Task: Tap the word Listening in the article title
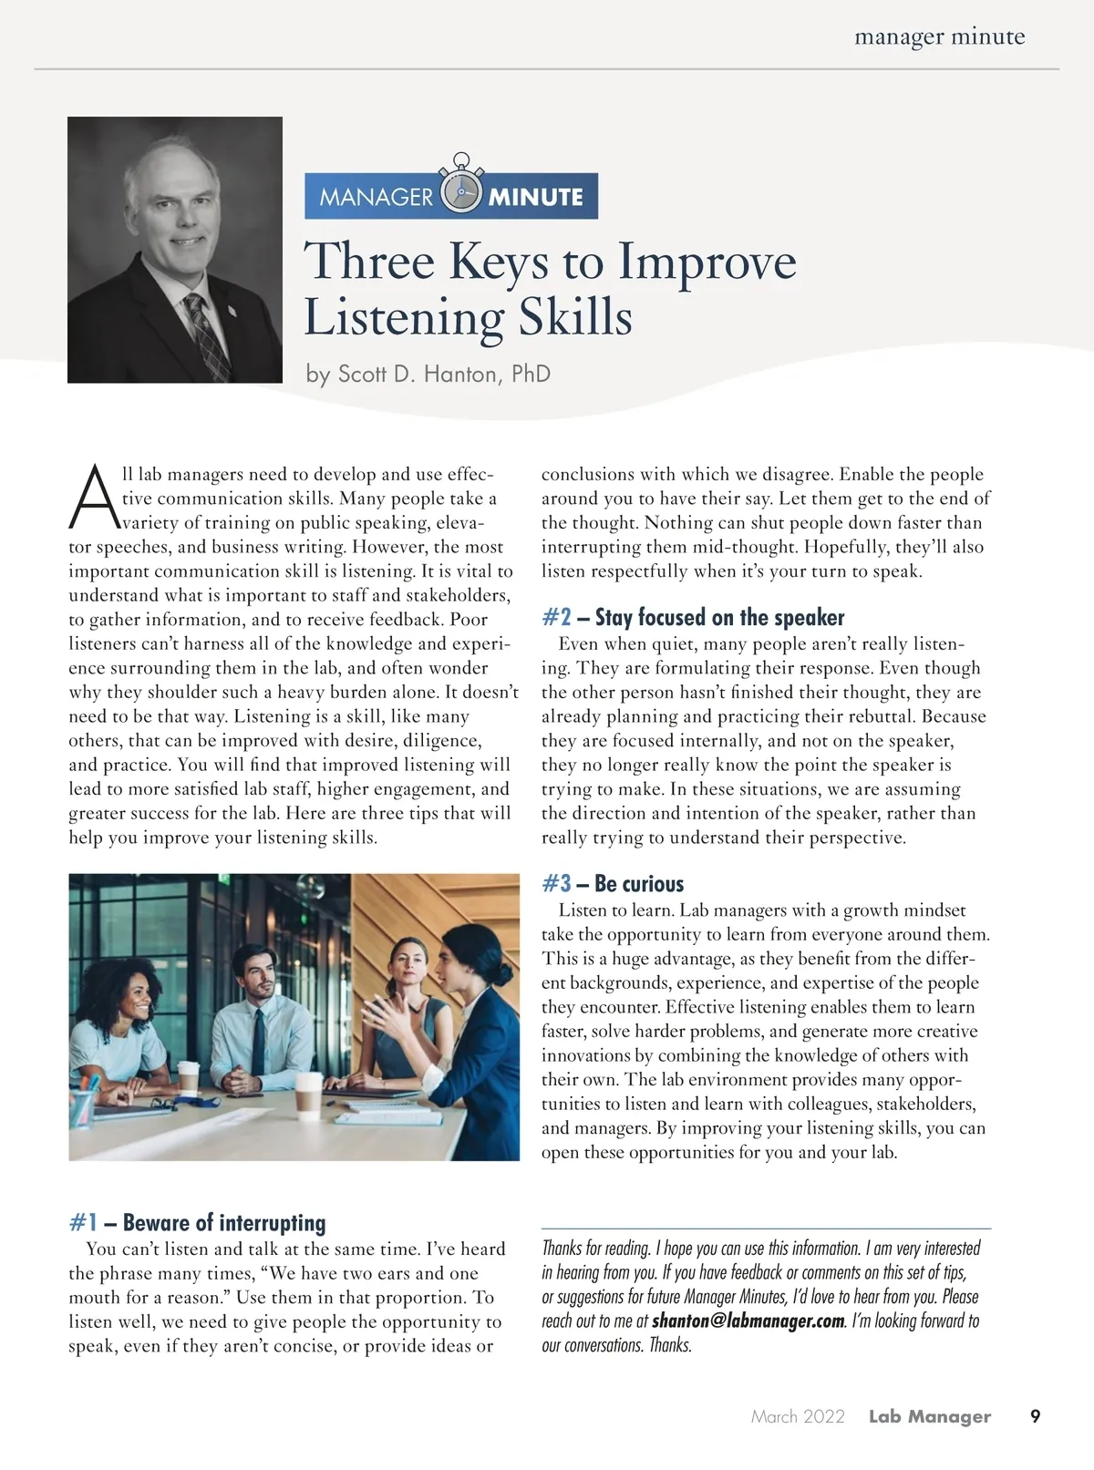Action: click(x=403, y=318)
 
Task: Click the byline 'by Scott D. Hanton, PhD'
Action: click(x=428, y=374)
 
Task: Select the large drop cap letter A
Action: click(x=92, y=498)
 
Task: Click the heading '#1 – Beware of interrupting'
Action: click(x=197, y=1222)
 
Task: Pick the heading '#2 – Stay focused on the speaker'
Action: click(x=693, y=617)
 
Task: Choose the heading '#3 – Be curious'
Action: click(x=612, y=883)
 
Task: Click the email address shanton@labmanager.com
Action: click(x=748, y=1321)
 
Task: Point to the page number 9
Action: click(x=1035, y=1416)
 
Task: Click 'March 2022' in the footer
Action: click(x=798, y=1416)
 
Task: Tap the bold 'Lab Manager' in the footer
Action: click(x=929, y=1416)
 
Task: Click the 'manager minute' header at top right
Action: click(x=939, y=37)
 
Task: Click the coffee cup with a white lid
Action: click(x=309, y=1092)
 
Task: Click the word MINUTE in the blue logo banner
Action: click(x=535, y=197)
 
